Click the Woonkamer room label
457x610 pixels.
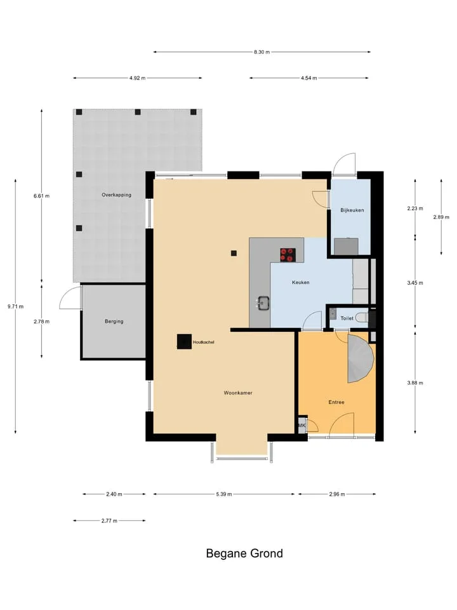[238, 393]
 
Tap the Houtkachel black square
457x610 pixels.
[184, 342]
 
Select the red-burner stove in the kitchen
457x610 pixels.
[287, 255]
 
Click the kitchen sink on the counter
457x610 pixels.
[264, 303]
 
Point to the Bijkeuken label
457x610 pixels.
[352, 210]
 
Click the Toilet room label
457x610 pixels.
[347, 318]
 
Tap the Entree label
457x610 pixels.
[336, 402]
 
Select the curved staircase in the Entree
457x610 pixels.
[360, 358]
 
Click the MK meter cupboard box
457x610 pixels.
[302, 425]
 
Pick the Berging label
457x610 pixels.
[114, 322]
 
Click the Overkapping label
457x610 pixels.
[117, 195]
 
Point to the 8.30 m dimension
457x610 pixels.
[262, 51]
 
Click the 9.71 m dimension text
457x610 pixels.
[15, 306]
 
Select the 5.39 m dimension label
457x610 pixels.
[224, 494]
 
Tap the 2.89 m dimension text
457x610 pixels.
[441, 217]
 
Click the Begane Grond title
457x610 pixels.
[244, 553]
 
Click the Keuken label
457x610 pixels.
[301, 282]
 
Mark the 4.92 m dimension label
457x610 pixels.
[138, 78]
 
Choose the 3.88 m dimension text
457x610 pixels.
[415, 383]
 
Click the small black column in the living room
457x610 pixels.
[234, 254]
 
